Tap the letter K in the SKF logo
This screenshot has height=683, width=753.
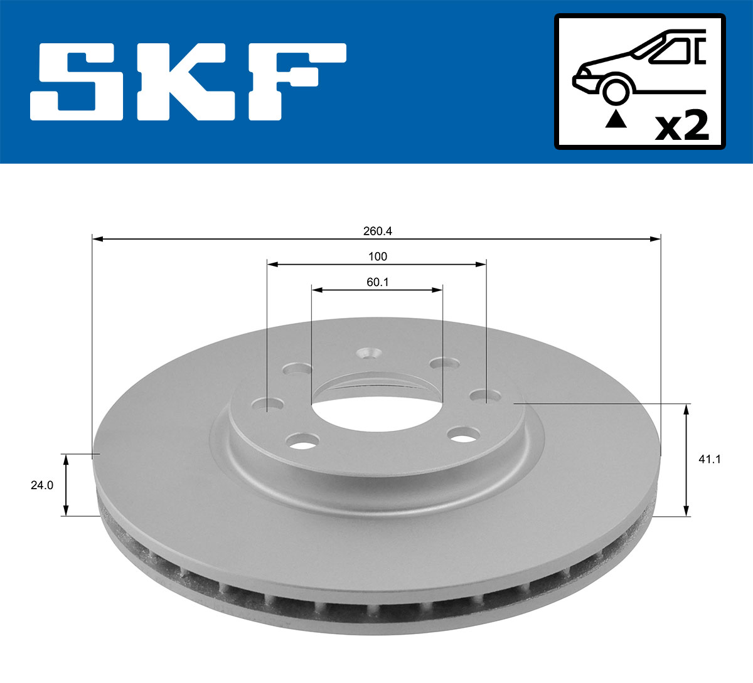(x=182, y=82)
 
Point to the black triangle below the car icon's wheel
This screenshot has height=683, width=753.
(x=616, y=119)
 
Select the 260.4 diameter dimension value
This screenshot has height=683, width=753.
(x=377, y=231)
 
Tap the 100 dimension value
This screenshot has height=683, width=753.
(x=377, y=256)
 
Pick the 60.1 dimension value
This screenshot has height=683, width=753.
(x=377, y=282)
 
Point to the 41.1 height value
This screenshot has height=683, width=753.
(x=713, y=459)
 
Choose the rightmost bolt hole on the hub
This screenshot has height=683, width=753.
(x=481, y=395)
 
